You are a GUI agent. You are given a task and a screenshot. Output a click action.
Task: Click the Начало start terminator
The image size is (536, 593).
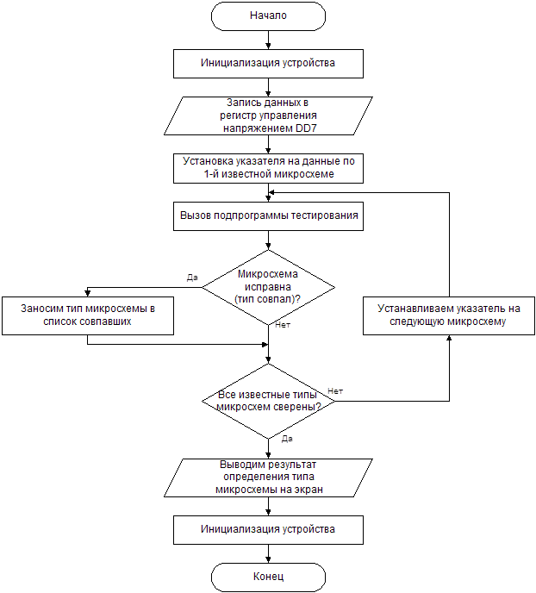[x=268, y=16]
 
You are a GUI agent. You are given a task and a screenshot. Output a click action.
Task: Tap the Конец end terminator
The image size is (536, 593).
[x=268, y=576]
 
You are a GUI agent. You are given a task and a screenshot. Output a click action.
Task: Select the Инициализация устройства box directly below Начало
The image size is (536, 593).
[x=268, y=63]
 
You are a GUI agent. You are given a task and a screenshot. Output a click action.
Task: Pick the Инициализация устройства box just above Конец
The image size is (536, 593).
[x=268, y=528]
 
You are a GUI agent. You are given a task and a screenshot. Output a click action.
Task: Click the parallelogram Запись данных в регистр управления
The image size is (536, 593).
[x=268, y=115]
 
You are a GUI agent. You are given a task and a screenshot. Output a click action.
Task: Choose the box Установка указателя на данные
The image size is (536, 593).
[x=268, y=167]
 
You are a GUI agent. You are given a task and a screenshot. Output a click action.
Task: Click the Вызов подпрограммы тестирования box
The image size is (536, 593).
[x=268, y=215]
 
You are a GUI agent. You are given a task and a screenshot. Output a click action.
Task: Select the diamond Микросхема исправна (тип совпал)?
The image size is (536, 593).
[x=268, y=287]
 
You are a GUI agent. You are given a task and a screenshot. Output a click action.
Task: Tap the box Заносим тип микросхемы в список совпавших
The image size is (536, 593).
[x=88, y=315]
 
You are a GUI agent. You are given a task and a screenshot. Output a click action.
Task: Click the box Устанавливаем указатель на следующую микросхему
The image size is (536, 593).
[x=447, y=315]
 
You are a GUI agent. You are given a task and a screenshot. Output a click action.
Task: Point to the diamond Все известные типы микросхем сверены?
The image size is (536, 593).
[x=268, y=399]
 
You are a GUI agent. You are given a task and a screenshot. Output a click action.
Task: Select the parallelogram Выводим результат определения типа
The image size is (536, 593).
[x=268, y=477]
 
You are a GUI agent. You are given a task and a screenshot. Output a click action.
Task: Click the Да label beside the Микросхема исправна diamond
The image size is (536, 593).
[x=192, y=278]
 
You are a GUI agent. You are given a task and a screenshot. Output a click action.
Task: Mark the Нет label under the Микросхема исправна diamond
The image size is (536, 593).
[x=283, y=326]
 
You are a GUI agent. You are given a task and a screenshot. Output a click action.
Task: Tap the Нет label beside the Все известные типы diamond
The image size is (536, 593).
[x=335, y=391]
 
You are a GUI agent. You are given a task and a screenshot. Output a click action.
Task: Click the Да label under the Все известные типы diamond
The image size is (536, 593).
[x=288, y=439]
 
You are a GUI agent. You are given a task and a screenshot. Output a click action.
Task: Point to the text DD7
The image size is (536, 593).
[x=315, y=128]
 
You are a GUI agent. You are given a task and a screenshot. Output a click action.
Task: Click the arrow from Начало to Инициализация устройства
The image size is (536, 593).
[x=268, y=39]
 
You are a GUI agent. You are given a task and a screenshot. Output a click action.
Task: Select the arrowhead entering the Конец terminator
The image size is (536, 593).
[x=268, y=559]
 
